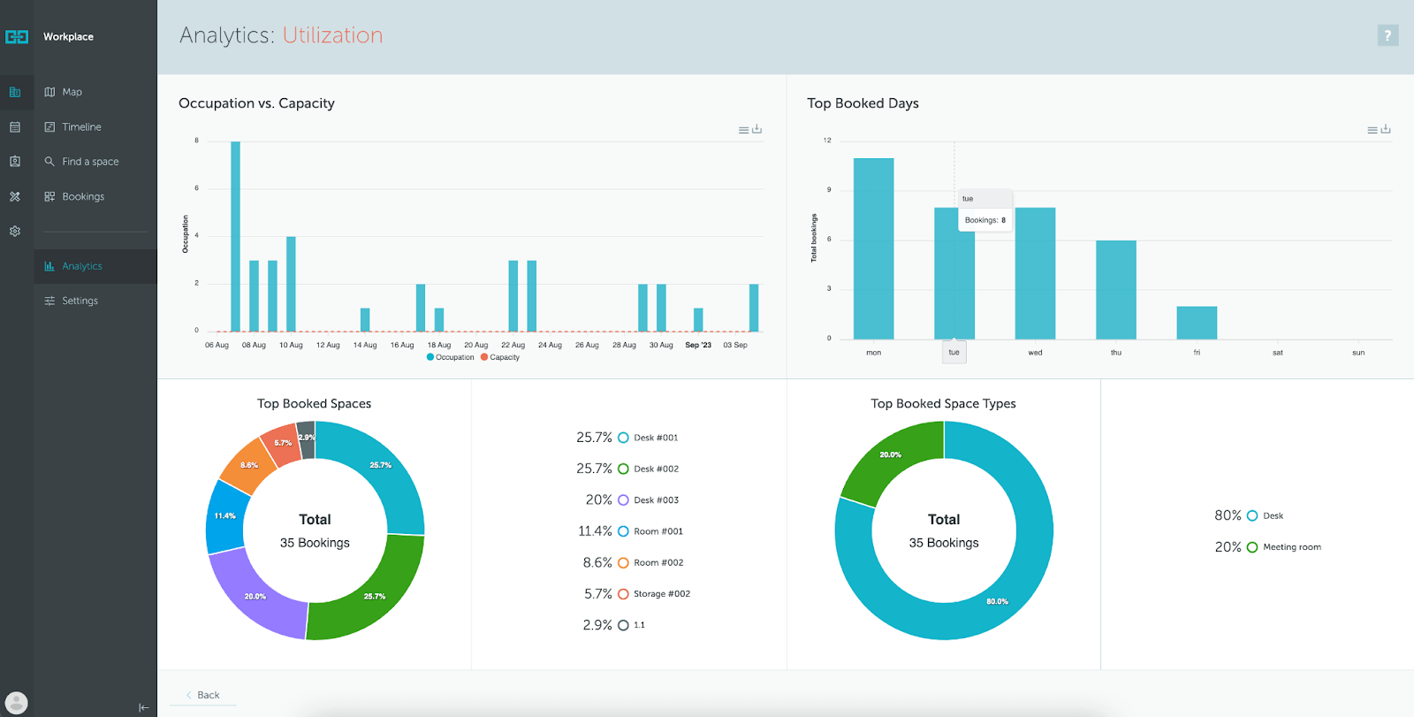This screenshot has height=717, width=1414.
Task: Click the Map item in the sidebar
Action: [x=72, y=92]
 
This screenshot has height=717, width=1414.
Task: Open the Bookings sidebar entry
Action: [x=82, y=196]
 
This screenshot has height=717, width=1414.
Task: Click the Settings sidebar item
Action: [x=80, y=301]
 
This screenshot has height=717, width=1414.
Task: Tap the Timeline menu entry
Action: [x=81, y=127]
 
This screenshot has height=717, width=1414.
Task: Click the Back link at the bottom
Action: [x=208, y=695]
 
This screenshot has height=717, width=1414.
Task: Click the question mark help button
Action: [x=1387, y=35]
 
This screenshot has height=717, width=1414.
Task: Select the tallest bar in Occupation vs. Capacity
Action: [x=235, y=237]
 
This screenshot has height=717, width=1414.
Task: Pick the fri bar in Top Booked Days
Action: [x=1197, y=323]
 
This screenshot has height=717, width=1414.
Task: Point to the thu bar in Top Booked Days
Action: [x=1115, y=290]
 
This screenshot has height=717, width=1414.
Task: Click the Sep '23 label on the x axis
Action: [x=698, y=345]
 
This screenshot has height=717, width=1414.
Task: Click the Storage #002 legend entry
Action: [x=661, y=594]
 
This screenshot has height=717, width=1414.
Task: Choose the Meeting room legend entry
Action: [x=1291, y=547]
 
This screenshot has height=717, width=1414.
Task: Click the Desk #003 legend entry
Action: [x=656, y=500]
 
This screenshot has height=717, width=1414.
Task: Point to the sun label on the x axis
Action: [x=1358, y=353]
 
